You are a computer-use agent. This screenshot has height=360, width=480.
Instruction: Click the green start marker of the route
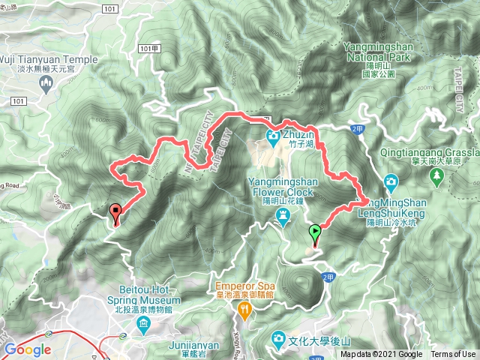coord(315,232)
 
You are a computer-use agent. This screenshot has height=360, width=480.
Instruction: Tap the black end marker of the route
coord(115,212)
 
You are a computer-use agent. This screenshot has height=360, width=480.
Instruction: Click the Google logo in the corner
coord(28,349)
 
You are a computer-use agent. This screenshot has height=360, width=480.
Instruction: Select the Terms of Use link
coord(452,355)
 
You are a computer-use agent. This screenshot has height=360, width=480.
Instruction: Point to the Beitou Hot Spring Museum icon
coord(143,324)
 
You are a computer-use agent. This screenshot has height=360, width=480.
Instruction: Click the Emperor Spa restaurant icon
coord(244,308)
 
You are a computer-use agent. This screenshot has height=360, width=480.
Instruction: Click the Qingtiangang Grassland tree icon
coord(436,177)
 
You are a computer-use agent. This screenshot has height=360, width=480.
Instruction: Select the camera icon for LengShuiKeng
coord(391,182)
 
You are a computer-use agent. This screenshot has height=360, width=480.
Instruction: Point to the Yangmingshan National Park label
coord(378,51)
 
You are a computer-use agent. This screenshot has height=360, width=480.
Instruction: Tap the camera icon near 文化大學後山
coord(279,339)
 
